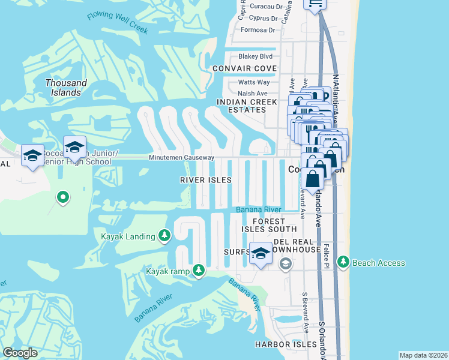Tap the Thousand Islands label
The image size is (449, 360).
point(66,88)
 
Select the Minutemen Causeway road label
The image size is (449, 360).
point(182,157)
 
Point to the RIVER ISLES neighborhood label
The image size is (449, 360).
point(206,180)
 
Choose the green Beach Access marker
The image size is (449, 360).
point(343,262)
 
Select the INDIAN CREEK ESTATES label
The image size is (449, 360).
point(241,106)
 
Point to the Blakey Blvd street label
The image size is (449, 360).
point(255,56)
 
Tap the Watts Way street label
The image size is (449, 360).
point(254,82)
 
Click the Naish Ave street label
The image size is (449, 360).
point(253,94)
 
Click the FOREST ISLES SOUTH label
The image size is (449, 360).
point(270,225)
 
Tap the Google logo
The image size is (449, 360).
point(20,353)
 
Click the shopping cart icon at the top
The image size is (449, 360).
point(315,4)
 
